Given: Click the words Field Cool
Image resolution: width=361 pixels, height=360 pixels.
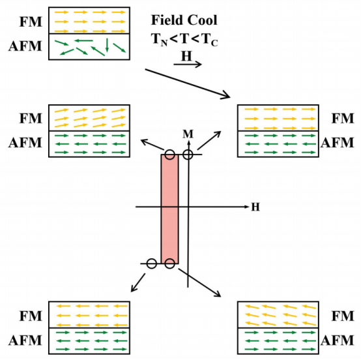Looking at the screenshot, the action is [184, 20].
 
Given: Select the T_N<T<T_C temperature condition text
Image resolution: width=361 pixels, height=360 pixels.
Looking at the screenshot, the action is [184, 39].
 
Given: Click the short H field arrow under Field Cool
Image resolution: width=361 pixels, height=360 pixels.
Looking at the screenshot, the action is [188, 65].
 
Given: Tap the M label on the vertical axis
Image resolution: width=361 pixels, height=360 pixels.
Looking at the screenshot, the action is [188, 134].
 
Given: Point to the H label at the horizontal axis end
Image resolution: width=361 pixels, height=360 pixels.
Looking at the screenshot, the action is [255, 207].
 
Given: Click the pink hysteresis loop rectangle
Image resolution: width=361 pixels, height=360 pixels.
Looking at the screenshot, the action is [169, 209].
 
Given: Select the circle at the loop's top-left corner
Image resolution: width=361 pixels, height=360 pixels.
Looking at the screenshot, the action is [169, 155].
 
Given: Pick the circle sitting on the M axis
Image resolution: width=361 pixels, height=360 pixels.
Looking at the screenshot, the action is [188, 155].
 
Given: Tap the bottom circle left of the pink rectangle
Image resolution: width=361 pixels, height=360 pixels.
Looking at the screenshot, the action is [152, 263].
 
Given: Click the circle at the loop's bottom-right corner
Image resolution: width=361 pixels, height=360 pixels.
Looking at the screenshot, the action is [169, 263].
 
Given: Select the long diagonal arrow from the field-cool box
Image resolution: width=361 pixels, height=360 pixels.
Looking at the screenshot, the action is [188, 83].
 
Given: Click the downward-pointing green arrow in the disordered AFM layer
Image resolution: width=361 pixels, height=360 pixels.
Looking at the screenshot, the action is [107, 45].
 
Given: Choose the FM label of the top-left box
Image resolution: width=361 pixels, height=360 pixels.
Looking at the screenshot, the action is [31, 22].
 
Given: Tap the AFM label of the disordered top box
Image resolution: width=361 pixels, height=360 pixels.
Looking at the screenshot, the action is [25, 46].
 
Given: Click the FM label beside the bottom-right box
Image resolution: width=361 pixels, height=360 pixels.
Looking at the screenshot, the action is [343, 316].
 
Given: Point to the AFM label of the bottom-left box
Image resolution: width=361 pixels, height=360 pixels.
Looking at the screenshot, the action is [25, 340].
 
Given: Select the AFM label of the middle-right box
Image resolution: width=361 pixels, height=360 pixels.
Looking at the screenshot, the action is [338, 143].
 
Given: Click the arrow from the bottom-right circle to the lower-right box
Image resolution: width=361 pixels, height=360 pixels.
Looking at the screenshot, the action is [199, 283].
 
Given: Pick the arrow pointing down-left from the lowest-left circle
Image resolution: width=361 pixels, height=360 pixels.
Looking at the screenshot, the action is [138, 283].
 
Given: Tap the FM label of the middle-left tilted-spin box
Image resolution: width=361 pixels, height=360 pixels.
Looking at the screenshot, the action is [31, 119].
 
